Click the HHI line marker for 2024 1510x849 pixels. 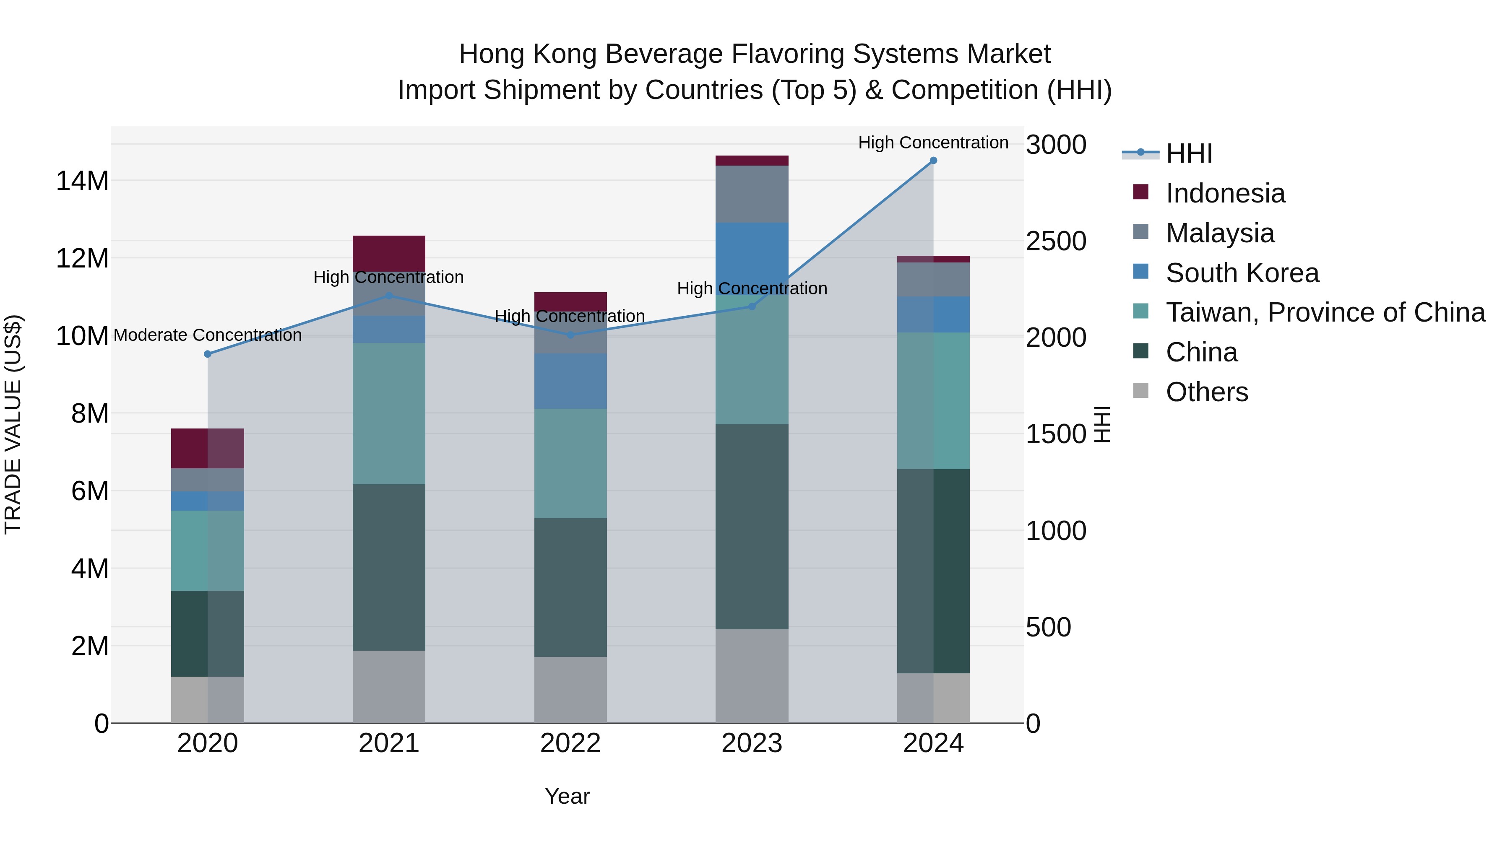pyautogui.click(x=933, y=161)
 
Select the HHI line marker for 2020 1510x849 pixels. pyautogui.click(x=208, y=354)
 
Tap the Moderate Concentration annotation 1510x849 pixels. pyautogui.click(x=208, y=335)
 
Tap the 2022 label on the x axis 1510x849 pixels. pyautogui.click(x=570, y=743)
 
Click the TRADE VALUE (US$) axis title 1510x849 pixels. pyautogui.click(x=13, y=424)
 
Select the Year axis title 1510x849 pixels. pyautogui.click(x=567, y=796)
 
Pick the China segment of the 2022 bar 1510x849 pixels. pyautogui.click(x=570, y=587)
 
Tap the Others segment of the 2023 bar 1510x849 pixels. pyautogui.click(x=752, y=676)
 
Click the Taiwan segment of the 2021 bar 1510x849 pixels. pyautogui.click(x=389, y=413)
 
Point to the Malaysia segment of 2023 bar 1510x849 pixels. pyautogui.click(x=752, y=194)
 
